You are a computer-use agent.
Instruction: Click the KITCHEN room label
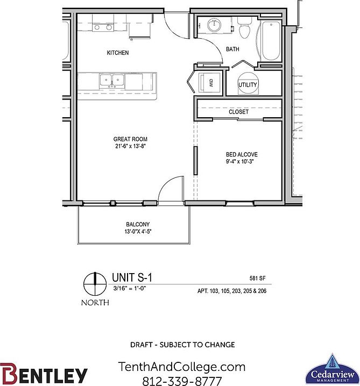[x=118, y=53]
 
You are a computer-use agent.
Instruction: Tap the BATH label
[x=232, y=49]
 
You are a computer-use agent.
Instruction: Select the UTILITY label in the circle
[x=248, y=85]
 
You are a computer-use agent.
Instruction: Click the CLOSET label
[x=238, y=112]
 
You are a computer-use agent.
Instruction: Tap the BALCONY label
[x=138, y=225]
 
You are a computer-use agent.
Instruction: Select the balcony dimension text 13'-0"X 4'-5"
[x=138, y=232]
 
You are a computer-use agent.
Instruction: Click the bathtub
[x=269, y=40]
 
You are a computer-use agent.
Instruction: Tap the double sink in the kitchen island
[x=112, y=81]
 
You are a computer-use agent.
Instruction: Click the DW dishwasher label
[x=211, y=83]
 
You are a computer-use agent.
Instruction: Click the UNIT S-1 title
[x=132, y=278]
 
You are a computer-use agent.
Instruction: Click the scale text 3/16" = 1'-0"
[x=129, y=288]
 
